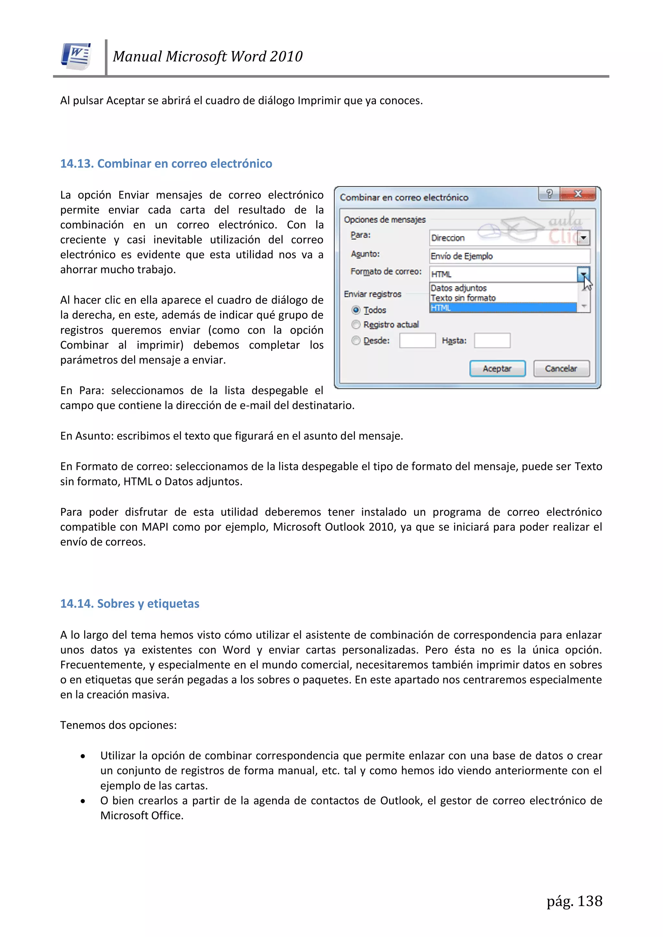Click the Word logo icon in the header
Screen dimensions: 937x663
tap(76, 56)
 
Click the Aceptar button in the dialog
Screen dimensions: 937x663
tap(497, 369)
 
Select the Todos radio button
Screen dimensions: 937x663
tap(356, 310)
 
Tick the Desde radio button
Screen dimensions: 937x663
tap(356, 340)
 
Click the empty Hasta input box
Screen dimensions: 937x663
tap(492, 340)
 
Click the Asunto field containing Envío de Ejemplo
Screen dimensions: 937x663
tap(509, 256)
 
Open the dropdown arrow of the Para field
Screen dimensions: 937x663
tap(583, 238)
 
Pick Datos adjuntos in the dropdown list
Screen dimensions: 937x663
tap(458, 288)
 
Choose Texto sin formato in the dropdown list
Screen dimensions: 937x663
tap(463, 298)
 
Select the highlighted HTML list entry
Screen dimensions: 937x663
tap(502, 308)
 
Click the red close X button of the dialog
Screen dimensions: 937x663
tap(578, 194)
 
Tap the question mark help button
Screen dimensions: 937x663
tap(549, 194)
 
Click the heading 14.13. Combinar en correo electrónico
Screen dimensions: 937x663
tap(166, 164)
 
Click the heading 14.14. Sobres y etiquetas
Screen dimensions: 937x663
tap(130, 604)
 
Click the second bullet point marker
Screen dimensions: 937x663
tap(83, 801)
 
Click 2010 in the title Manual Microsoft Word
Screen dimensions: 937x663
tap(286, 56)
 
